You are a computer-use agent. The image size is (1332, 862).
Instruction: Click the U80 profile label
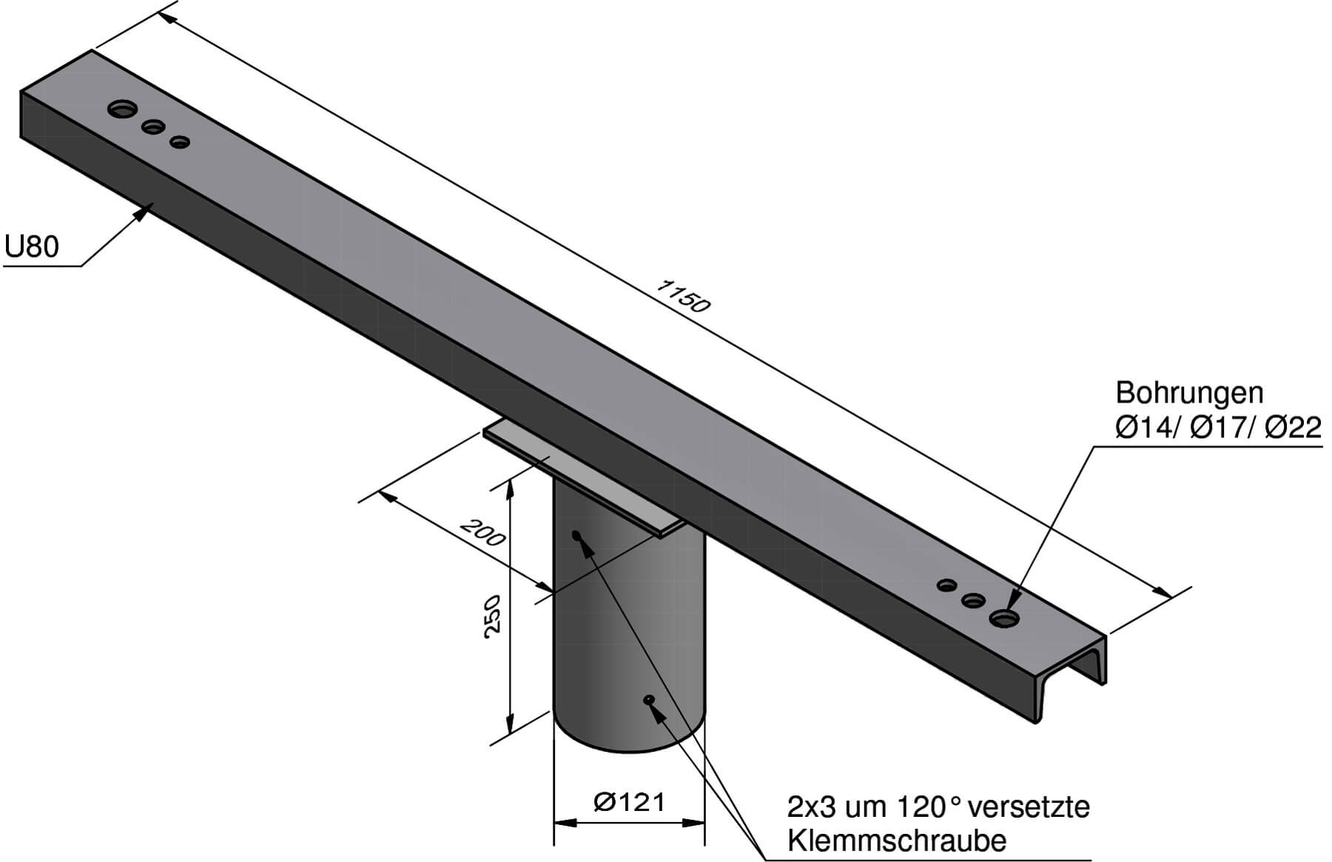31,246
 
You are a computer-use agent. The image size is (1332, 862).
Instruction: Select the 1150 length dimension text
682,295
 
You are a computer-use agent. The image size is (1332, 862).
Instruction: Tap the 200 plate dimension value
483,531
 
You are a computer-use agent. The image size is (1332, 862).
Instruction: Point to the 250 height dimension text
491,613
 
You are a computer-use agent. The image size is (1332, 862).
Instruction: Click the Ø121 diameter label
629,801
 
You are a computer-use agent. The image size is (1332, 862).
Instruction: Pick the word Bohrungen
1189,392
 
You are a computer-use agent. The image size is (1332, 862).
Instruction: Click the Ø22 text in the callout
1293,428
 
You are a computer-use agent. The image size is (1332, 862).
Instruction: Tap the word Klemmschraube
897,841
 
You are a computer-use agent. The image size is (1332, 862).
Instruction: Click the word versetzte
1029,807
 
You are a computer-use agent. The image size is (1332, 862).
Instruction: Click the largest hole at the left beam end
122,110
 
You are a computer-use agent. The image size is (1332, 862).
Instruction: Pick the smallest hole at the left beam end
179,141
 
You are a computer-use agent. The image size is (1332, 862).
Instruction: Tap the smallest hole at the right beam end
947,585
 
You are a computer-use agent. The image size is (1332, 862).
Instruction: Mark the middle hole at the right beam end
973,600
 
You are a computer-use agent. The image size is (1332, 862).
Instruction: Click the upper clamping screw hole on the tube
576,533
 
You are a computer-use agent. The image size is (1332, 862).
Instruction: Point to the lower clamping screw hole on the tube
649,698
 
